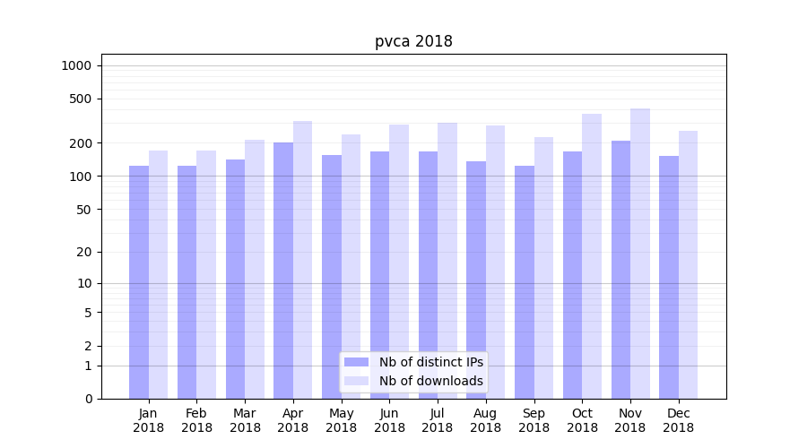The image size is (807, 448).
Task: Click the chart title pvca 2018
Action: click(413, 41)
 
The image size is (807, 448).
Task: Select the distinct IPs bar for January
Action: click(139, 282)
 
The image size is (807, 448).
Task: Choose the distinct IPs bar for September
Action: click(525, 282)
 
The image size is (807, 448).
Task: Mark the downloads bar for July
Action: click(447, 261)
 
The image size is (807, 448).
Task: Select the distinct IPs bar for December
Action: click(669, 277)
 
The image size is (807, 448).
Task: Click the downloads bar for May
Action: click(351, 266)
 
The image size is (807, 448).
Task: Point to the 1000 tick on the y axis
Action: click(76, 65)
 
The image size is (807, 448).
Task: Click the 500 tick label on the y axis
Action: click(81, 99)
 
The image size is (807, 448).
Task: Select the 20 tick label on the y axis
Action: click(84, 252)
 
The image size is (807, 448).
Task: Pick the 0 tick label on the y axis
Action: click(88, 399)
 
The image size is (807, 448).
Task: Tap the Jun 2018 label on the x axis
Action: click(389, 420)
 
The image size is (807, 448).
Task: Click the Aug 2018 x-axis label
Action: click(486, 420)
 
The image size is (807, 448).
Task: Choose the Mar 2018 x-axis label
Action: click(245, 420)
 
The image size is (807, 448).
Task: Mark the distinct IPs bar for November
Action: click(620, 270)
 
